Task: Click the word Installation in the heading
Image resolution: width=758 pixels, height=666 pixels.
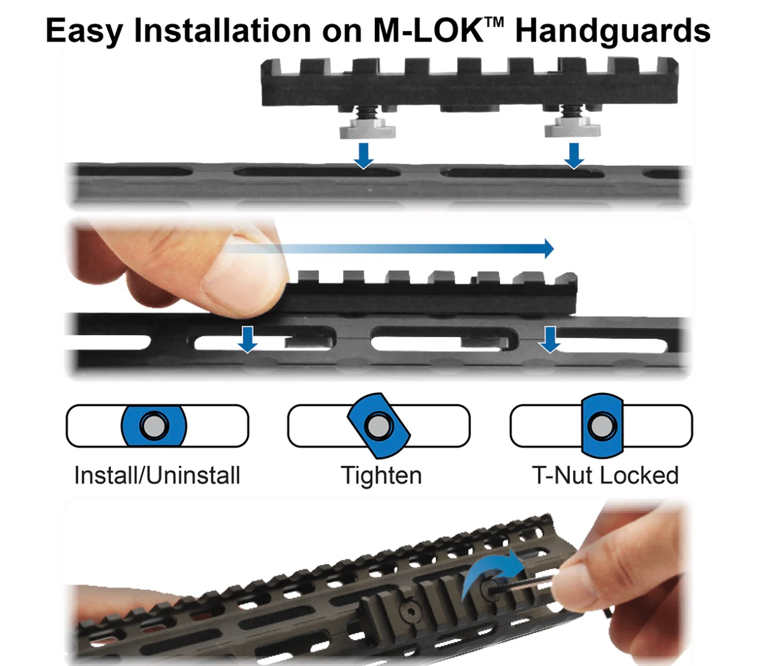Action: [x=222, y=30]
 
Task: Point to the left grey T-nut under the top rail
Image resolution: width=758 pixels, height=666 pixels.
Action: [x=367, y=128]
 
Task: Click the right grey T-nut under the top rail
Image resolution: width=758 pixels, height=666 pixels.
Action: [x=572, y=127]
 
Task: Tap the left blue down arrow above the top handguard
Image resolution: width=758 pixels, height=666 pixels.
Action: [x=364, y=156]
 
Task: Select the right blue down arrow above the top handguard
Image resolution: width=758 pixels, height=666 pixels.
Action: [x=574, y=156]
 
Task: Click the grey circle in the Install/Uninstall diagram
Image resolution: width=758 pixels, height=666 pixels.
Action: [x=154, y=426]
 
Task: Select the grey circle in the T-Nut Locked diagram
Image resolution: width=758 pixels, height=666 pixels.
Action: [x=601, y=426]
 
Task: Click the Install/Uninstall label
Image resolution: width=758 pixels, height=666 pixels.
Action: [x=157, y=475]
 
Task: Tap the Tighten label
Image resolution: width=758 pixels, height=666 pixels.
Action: [x=381, y=476]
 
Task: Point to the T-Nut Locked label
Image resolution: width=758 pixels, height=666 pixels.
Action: [x=605, y=475]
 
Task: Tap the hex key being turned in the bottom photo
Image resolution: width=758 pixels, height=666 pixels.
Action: [x=524, y=585]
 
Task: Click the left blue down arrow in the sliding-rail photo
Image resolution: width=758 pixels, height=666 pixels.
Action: [x=248, y=339]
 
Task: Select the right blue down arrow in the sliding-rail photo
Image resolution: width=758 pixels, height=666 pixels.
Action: [x=550, y=339]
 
